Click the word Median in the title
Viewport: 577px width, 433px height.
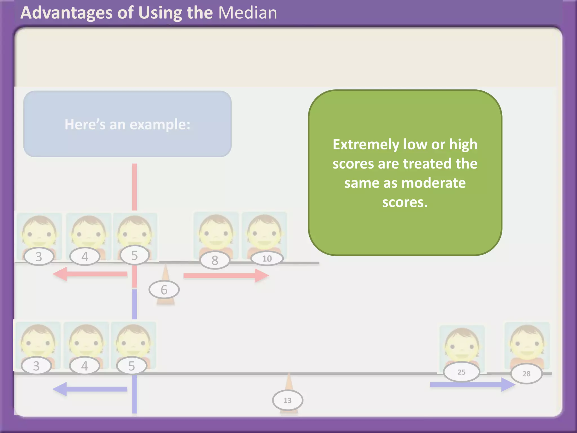coord(248,13)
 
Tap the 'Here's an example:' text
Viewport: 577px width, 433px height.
coord(127,124)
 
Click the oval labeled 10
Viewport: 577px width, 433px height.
coord(267,259)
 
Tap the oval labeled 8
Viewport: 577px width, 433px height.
coord(215,260)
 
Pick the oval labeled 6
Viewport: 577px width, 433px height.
coord(164,290)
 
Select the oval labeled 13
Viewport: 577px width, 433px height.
coord(287,400)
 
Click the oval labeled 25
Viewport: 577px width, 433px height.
coord(461,372)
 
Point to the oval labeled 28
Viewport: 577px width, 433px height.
coord(526,374)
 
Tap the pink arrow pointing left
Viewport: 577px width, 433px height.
coord(90,274)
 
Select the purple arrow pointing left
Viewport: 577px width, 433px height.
coord(90,389)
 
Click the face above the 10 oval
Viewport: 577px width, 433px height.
coord(264,233)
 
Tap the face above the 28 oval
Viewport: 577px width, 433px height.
coord(527,344)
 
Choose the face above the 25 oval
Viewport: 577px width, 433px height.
coord(462,345)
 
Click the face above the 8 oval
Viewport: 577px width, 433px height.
coord(216,233)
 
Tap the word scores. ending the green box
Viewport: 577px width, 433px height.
coord(405,202)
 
